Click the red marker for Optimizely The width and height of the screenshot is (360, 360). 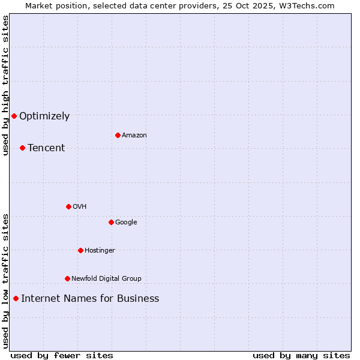(x=14, y=116)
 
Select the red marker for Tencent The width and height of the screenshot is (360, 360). (x=22, y=148)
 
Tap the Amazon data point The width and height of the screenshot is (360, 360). (x=118, y=135)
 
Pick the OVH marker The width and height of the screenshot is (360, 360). (x=68, y=206)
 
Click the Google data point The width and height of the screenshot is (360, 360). (x=111, y=222)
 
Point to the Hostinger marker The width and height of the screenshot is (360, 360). (x=80, y=250)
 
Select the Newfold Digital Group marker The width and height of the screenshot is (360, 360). (x=67, y=278)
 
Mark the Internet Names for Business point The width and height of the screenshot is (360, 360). (x=16, y=298)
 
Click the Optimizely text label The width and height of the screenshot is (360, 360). (x=44, y=116)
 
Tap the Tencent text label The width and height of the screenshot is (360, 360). (x=46, y=148)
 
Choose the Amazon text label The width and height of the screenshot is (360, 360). (x=134, y=136)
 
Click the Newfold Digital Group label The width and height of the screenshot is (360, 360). (x=106, y=278)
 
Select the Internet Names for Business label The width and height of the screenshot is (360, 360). (x=90, y=299)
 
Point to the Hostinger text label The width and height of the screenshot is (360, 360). (x=100, y=251)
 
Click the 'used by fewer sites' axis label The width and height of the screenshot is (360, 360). (x=62, y=355)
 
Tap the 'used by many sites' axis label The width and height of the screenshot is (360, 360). (x=301, y=355)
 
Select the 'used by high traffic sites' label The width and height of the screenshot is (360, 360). (x=5, y=85)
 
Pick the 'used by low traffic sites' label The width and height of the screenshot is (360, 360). (x=5, y=281)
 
